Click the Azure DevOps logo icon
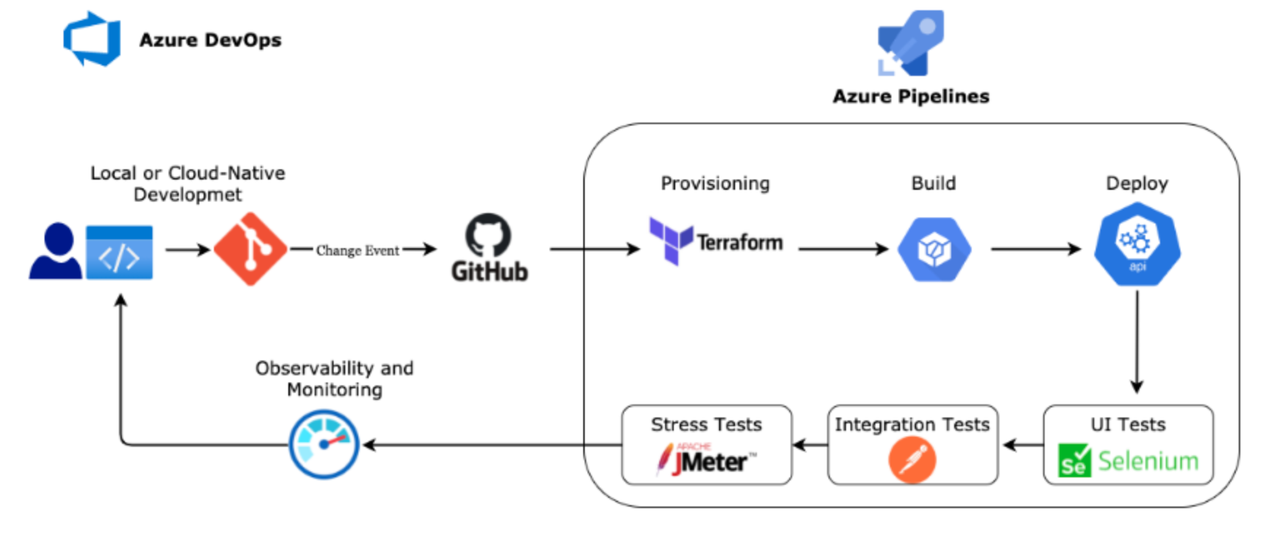(92, 39)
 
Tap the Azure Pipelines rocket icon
(910, 44)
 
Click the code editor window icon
(119, 253)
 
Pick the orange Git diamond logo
(250, 250)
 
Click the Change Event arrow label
(357, 250)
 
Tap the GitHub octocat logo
(488, 235)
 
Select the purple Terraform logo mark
(671, 240)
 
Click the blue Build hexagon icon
(934, 250)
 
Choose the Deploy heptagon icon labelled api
(1137, 244)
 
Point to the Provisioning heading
(715, 183)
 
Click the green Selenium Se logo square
(1074, 461)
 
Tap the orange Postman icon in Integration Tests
(912, 460)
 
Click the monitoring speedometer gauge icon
(324, 444)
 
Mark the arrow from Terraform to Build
(842, 250)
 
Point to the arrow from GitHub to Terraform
(594, 250)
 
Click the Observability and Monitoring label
(334, 378)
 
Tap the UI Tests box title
(1128, 424)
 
